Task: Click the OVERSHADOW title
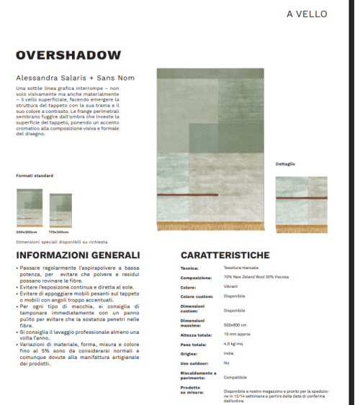pos(68,55)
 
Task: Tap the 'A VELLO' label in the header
pos(306,14)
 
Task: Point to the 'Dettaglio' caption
pos(285,163)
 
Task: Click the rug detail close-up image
pos(301,204)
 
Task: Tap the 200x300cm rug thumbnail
pos(29,209)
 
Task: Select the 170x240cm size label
pos(60,232)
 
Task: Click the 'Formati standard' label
pos(35,176)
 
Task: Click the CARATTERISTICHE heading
pos(225,255)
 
